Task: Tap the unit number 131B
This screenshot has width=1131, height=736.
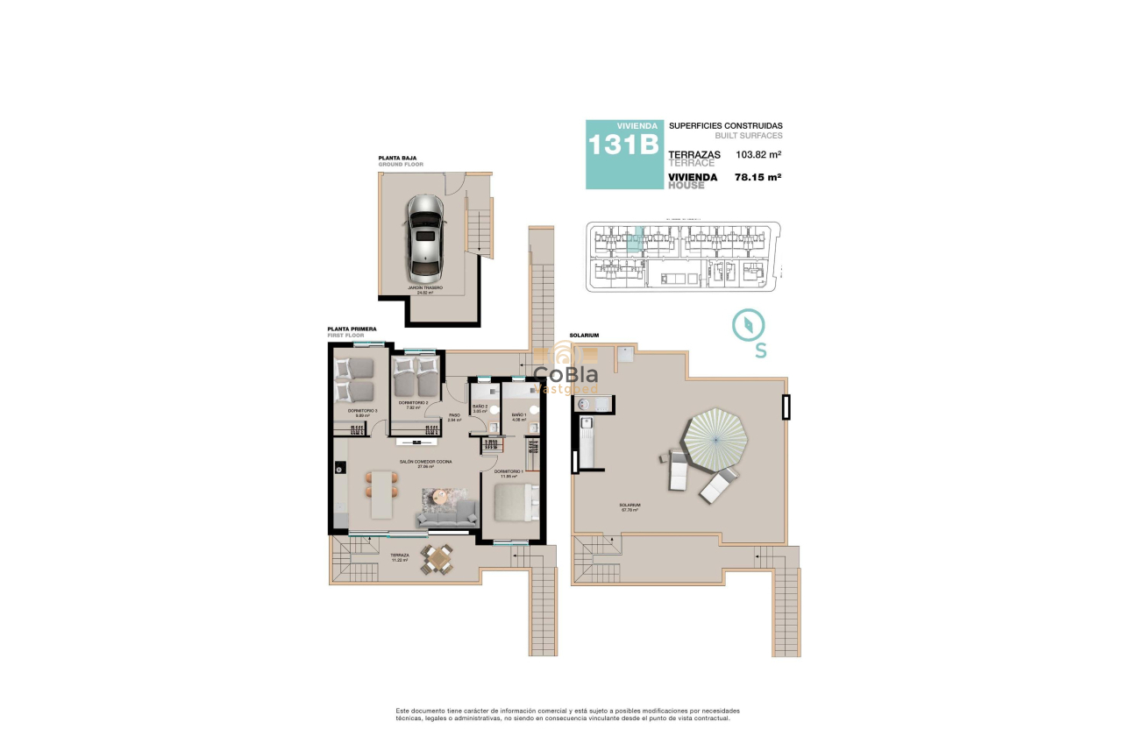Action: point(622,145)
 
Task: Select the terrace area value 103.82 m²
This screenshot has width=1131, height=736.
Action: point(758,154)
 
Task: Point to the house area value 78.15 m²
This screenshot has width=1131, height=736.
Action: point(758,177)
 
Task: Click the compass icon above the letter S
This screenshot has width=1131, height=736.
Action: point(749,324)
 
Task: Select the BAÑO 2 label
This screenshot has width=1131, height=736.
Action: point(480,407)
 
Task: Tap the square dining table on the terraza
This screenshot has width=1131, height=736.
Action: point(437,558)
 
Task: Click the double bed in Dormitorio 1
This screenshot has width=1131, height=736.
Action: point(515,505)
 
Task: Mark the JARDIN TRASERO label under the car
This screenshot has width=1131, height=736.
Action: point(424,289)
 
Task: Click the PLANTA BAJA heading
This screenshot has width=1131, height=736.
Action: point(397,159)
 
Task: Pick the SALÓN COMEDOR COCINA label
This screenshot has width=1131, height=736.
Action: point(426,463)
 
